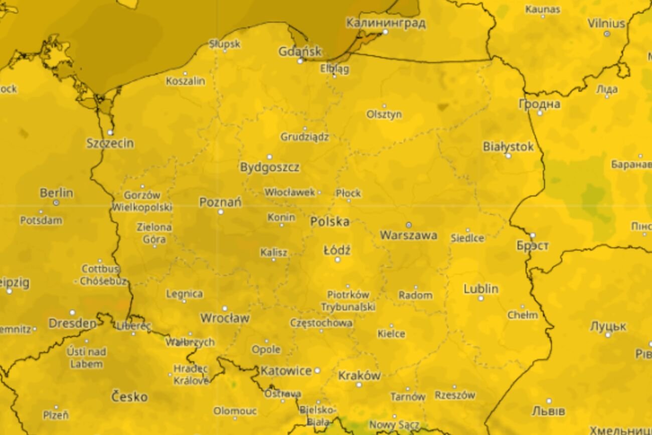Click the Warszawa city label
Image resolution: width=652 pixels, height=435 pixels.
point(408,235)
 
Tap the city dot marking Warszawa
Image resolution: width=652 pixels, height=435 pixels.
point(408,225)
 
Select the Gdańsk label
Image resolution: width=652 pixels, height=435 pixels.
point(300,51)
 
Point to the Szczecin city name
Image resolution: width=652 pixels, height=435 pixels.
point(110,143)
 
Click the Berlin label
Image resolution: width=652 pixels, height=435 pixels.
point(56,193)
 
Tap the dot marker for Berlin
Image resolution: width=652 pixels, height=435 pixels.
point(56,203)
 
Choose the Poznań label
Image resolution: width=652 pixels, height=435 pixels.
point(220,202)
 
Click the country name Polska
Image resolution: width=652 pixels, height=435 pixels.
point(330,221)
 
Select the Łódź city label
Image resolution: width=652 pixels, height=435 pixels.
point(337,250)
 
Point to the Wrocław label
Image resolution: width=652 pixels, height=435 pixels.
point(225,318)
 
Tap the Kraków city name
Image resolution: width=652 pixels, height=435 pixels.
point(359,375)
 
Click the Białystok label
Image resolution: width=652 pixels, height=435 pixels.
point(508,147)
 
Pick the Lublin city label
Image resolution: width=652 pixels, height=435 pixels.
point(480,289)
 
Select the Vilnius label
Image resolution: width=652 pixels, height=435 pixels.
point(606,24)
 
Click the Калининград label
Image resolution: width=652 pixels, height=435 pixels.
point(386,23)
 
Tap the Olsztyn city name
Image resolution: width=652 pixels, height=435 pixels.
point(384,114)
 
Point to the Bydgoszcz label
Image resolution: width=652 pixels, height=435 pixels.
point(269,167)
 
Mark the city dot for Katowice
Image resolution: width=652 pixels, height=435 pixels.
point(317,370)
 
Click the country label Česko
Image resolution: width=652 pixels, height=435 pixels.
point(129,397)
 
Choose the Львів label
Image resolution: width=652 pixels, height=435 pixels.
point(548,411)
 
